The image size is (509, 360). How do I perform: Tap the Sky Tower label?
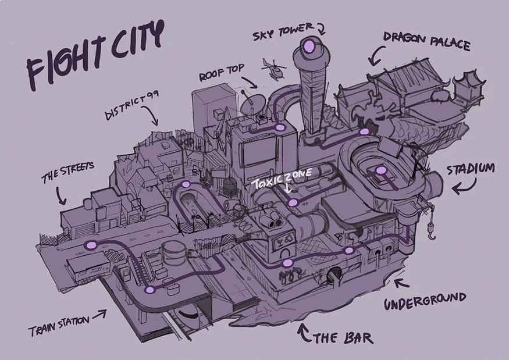(283, 31)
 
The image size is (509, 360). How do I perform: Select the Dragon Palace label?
(426, 41)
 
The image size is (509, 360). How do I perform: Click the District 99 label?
(131, 105)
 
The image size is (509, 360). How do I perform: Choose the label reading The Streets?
(67, 172)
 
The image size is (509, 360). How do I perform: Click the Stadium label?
(471, 169)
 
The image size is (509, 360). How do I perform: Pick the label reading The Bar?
(343, 338)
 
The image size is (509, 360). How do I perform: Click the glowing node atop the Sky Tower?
(309, 46)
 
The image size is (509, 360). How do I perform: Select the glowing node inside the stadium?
(380, 170)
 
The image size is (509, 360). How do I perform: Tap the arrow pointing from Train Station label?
(99, 314)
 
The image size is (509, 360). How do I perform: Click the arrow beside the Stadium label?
(464, 186)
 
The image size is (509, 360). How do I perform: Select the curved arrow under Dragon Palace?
(376, 55)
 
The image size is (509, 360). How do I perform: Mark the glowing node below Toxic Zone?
(293, 203)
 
